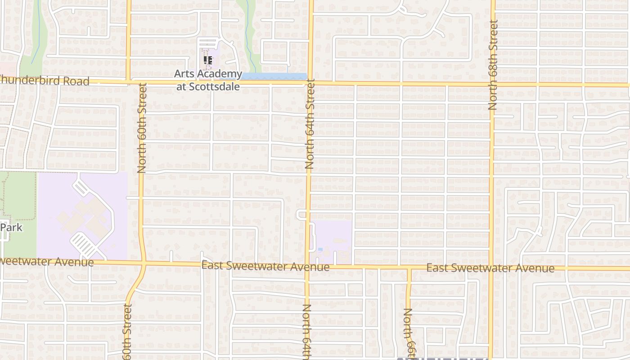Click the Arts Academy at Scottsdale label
(x=208, y=80)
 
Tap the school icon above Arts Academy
(x=207, y=60)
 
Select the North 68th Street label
(x=493, y=65)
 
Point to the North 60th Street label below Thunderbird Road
(x=142, y=128)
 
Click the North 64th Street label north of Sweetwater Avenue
(x=310, y=124)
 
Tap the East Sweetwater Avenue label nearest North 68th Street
(x=490, y=268)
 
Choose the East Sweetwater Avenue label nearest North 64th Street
(x=265, y=266)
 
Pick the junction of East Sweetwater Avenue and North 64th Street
(x=308, y=266)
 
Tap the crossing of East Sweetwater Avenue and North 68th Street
(x=490, y=269)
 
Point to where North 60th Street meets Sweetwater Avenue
(x=143, y=263)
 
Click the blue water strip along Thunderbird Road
(x=274, y=76)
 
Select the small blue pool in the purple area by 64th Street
(x=320, y=249)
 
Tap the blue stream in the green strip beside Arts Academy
(x=248, y=36)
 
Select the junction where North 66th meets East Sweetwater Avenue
(x=409, y=268)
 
